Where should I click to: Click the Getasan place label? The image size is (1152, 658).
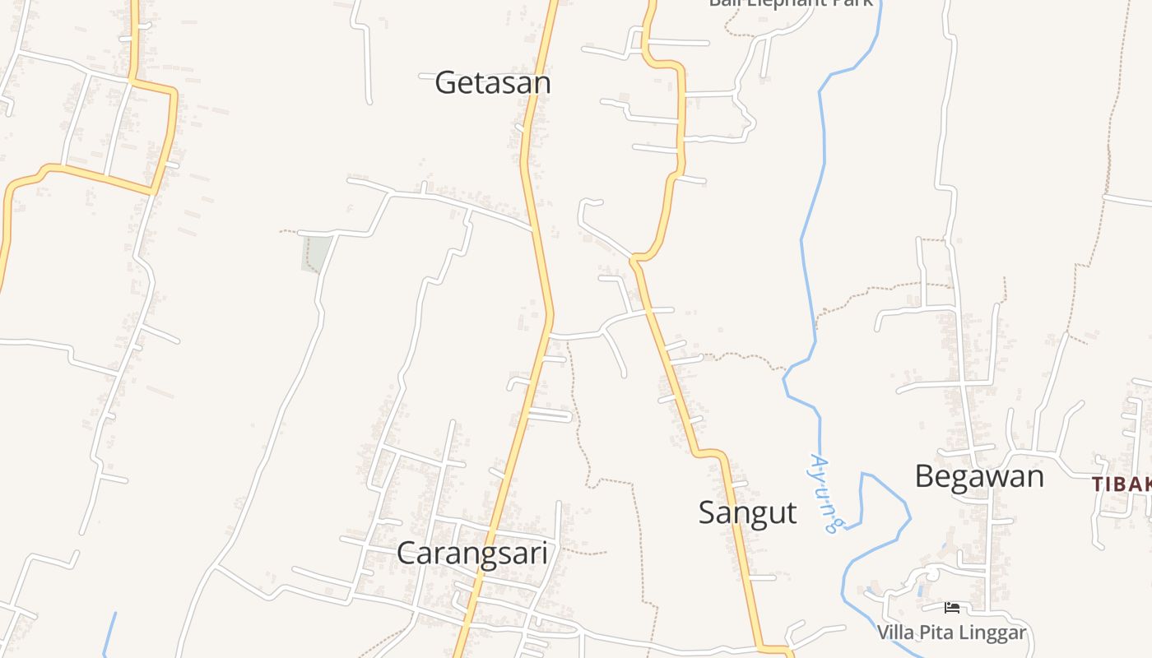click(x=492, y=83)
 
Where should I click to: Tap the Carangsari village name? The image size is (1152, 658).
click(x=472, y=553)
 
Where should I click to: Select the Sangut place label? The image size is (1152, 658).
click(x=747, y=512)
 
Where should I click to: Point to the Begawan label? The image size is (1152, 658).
click(x=979, y=476)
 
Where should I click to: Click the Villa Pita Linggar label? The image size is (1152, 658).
click(x=951, y=633)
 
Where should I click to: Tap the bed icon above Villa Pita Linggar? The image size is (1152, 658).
click(x=952, y=609)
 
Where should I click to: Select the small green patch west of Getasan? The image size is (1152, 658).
click(x=317, y=253)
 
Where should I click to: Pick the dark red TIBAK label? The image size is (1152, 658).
click(x=1121, y=484)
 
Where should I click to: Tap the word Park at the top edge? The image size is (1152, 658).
click(x=851, y=2)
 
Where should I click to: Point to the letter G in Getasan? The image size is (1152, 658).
click(x=445, y=83)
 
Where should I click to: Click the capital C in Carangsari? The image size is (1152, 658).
click(x=406, y=553)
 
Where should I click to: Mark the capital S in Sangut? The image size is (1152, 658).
click(x=707, y=512)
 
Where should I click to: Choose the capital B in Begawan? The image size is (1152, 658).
click(x=924, y=476)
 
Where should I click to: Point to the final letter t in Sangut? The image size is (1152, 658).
click(x=792, y=512)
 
